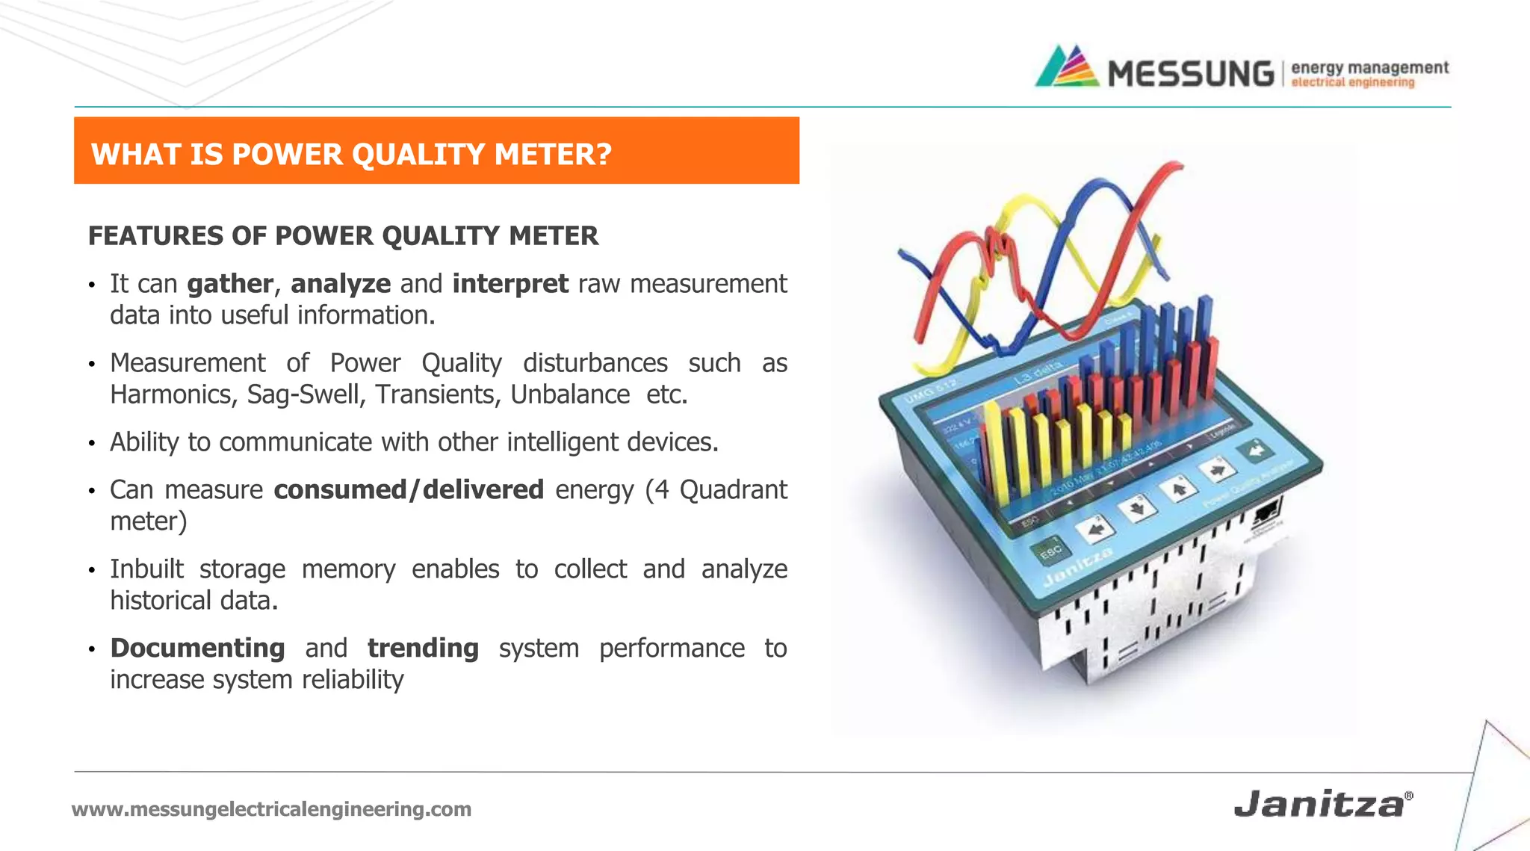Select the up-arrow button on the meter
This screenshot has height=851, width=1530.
click(x=1178, y=490)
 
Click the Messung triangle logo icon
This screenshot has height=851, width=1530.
click(x=1067, y=67)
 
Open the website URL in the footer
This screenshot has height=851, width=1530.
click(x=271, y=809)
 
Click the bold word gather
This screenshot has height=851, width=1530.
click(x=229, y=284)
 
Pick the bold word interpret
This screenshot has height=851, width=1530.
click(x=510, y=284)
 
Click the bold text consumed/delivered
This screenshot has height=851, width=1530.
click(x=409, y=490)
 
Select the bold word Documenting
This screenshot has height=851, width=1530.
click(x=197, y=648)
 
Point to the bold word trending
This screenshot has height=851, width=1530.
click(x=423, y=648)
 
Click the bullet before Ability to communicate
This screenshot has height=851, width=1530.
click(x=92, y=444)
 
